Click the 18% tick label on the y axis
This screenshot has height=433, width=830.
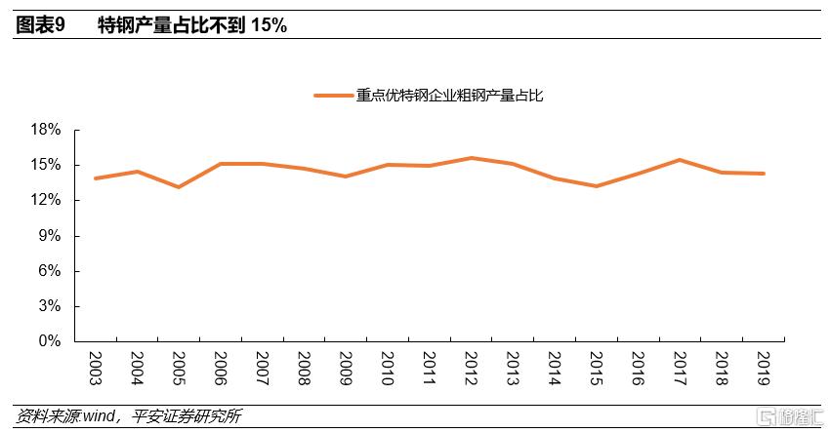(47, 130)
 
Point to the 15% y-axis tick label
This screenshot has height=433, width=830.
(47, 165)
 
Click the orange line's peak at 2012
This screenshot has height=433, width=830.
(471, 158)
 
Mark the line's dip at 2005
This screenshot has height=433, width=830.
(179, 186)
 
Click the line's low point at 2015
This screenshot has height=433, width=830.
(596, 186)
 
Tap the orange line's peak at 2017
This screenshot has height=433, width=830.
(680, 160)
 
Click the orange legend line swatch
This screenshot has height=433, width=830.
(333, 96)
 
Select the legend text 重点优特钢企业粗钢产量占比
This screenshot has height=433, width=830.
(449, 96)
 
